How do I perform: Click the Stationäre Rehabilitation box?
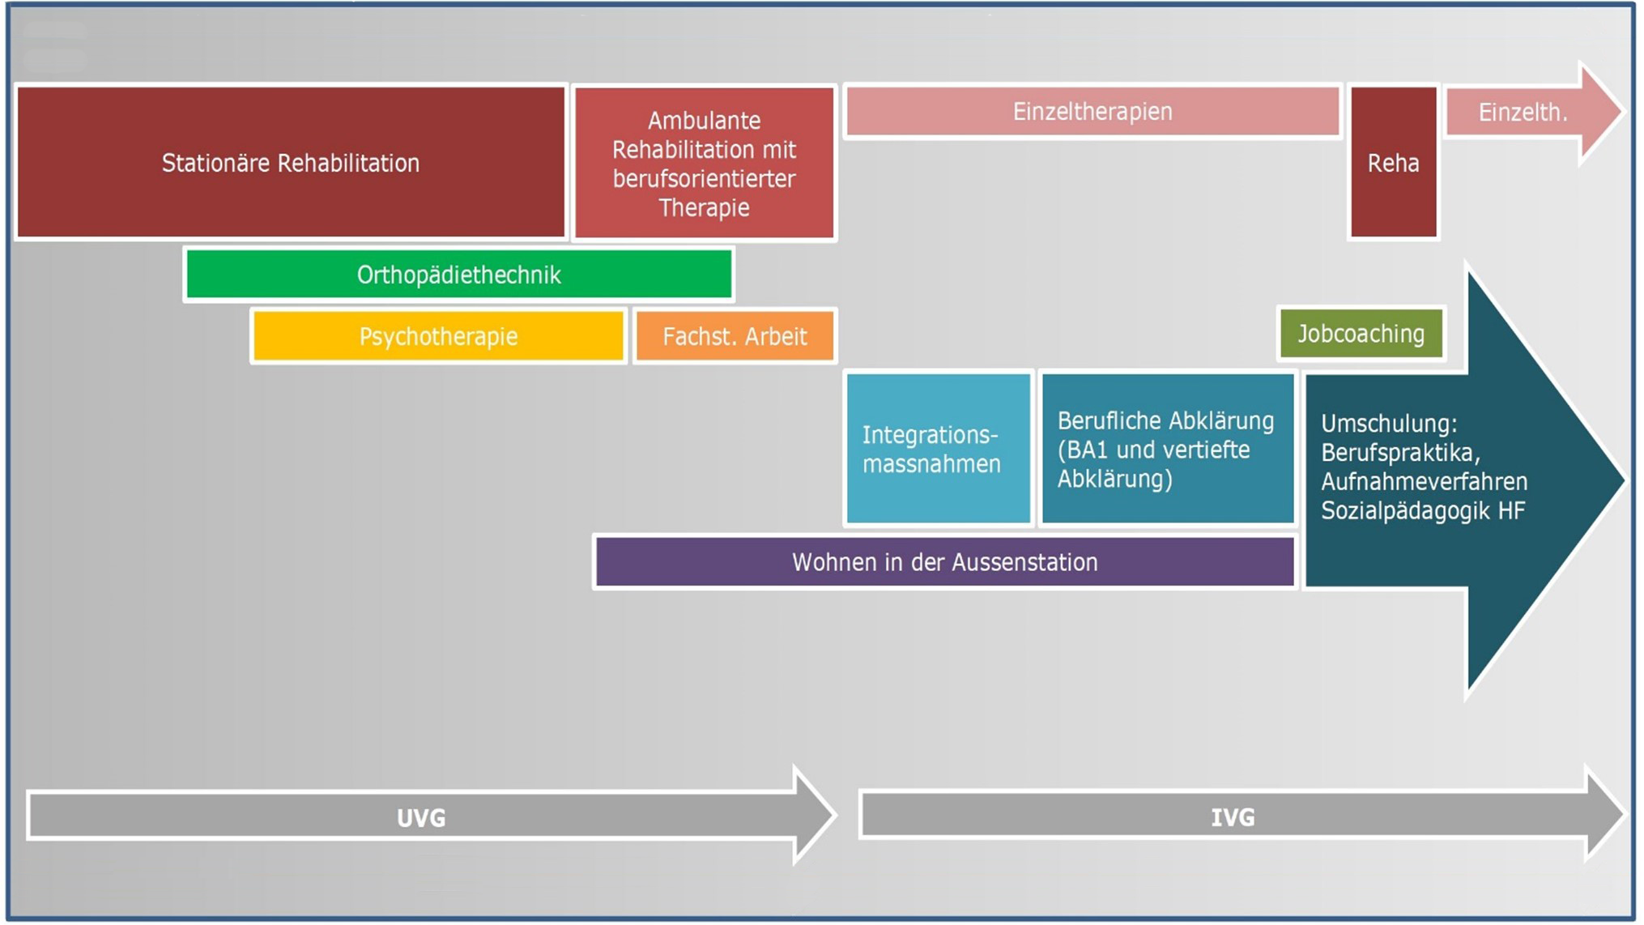[291, 162]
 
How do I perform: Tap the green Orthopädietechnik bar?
[458, 275]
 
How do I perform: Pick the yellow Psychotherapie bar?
[438, 336]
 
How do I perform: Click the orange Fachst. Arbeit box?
[735, 336]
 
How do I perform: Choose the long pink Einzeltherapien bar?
[1092, 112]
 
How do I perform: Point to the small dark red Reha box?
[1393, 163]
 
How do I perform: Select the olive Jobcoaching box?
[1361, 334]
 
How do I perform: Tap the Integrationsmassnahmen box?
[938, 449]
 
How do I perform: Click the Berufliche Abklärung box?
[1167, 449]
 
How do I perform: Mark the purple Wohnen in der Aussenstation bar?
[944, 562]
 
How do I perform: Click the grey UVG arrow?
[421, 817]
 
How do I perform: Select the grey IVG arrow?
[1233, 816]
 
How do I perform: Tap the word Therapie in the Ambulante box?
[704, 208]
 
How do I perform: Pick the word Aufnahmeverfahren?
[1424, 482]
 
